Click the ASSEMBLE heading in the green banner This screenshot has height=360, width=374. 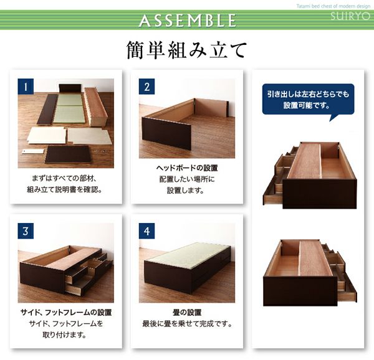pos(188,21)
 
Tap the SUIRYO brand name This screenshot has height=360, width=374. pos(350,16)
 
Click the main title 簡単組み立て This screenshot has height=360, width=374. pos(187,50)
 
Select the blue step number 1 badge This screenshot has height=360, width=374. pos(26,87)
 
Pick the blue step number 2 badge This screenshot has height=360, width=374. pos(146,87)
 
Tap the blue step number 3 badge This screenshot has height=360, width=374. pos(26,231)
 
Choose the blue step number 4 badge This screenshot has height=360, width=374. pos(146,231)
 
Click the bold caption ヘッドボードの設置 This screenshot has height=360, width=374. pos(187,168)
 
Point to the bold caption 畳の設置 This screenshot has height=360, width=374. pos(187,312)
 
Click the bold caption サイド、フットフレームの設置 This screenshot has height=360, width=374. pos(66,312)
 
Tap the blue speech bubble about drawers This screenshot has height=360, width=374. pos(308,100)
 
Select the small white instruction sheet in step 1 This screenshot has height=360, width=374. pos(33,151)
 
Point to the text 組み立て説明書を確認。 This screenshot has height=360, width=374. pos(65,190)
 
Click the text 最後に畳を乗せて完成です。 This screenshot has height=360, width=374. pos(187,324)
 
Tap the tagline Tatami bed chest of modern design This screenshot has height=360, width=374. pos(333,6)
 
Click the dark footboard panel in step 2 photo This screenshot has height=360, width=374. pos(166,133)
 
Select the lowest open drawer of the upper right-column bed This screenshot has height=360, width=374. pos(273,194)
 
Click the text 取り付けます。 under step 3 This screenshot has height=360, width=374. pos(65,335)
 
